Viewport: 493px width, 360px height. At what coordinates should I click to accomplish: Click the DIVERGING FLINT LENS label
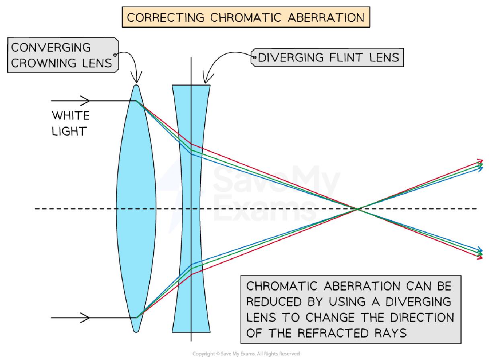pos(328,57)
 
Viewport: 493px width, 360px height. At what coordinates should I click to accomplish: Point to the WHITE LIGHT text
pos(70,123)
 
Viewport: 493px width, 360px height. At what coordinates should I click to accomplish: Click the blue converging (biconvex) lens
pos(136,209)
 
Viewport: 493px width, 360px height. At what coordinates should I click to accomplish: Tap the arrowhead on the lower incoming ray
pos(86,318)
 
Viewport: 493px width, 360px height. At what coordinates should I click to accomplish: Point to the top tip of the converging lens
pos(136,86)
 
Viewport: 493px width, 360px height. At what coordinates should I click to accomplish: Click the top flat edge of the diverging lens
pos(191,85)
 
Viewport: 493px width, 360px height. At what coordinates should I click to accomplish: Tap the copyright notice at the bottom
pos(246,354)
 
